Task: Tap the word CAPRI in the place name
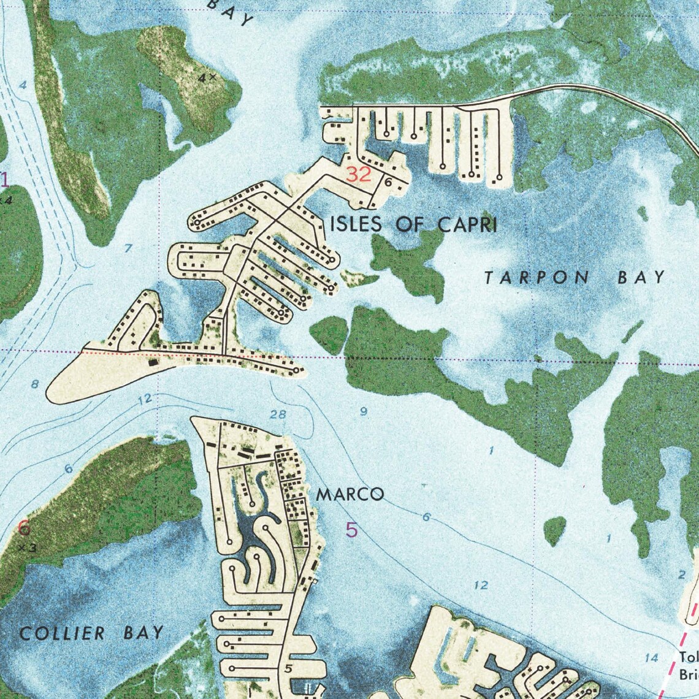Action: pos(467,225)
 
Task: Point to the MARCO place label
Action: pos(350,494)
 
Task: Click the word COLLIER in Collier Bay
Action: pos(62,633)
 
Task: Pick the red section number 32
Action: pos(359,175)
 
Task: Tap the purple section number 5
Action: pos(351,530)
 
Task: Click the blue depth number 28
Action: pos(278,414)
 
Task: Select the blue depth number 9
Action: pos(364,412)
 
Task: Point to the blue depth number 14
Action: pos(652,658)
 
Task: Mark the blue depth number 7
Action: pos(128,248)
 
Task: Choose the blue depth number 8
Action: pos(35,384)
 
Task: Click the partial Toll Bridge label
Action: pos(689,666)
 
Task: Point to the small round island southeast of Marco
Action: pos(554,530)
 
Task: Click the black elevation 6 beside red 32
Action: pos(388,182)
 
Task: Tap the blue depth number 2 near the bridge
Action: pos(682,575)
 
